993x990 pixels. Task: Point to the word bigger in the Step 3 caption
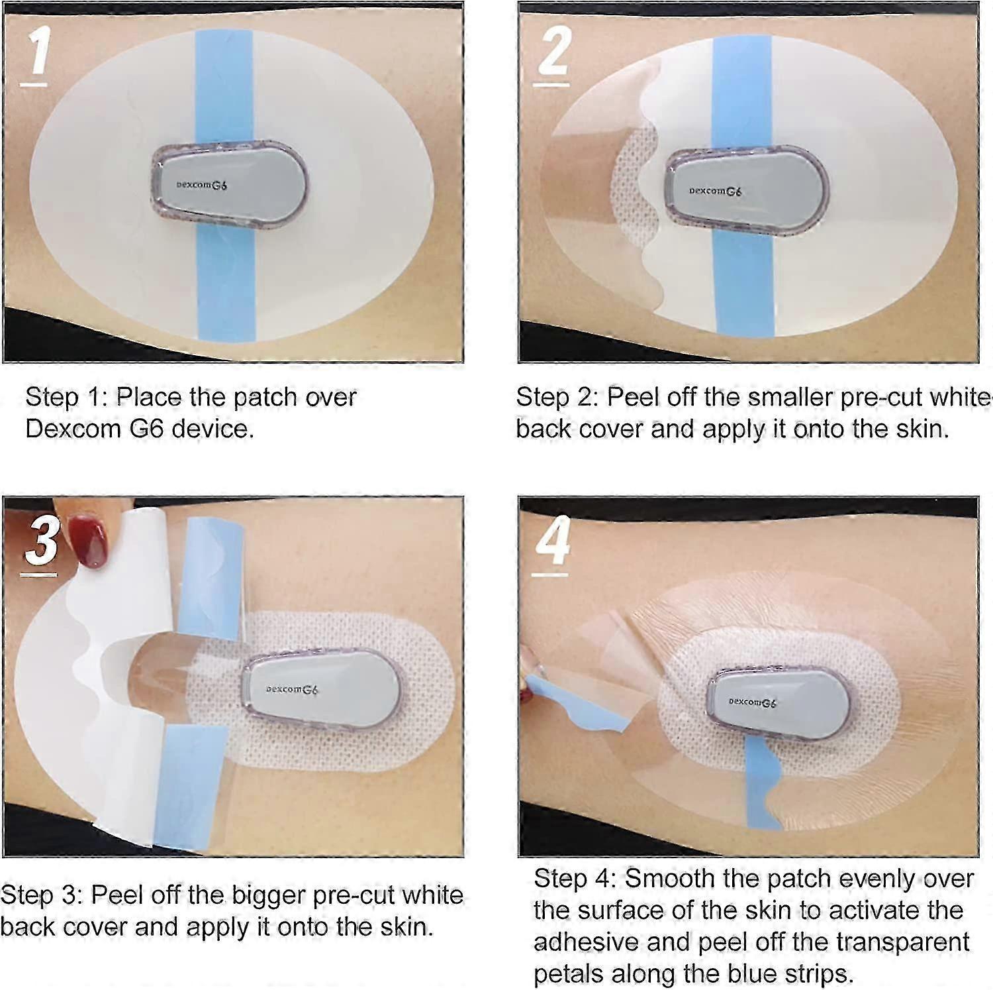268,895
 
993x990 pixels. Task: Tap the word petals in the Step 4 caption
569,974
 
